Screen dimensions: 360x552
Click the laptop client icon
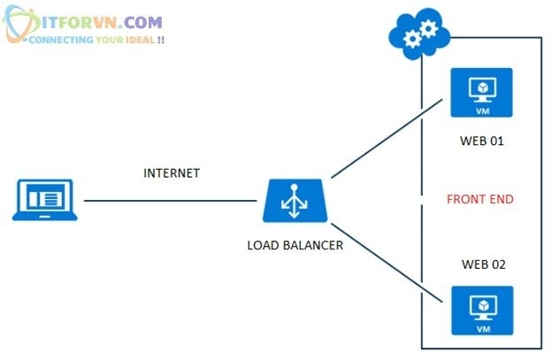[x=47, y=200]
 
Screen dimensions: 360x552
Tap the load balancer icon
[x=296, y=201]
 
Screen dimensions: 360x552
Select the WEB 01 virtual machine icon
[x=480, y=91]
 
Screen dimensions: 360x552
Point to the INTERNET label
[x=172, y=173]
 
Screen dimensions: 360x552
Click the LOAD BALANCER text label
[x=295, y=245]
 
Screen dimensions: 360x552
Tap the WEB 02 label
[x=483, y=264]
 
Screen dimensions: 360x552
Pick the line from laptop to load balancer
[x=172, y=201]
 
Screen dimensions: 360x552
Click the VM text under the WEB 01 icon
[x=480, y=111]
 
